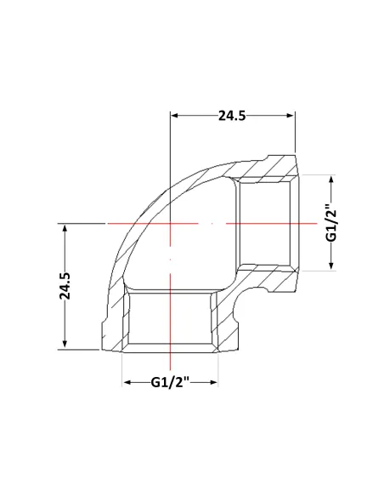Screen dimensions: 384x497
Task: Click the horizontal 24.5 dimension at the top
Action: pyautogui.click(x=232, y=116)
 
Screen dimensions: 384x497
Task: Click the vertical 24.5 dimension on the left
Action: pyautogui.click(x=65, y=286)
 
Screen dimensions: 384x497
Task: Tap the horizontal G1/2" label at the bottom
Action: pyautogui.click(x=170, y=382)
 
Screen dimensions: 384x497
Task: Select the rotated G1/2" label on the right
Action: pyautogui.click(x=332, y=224)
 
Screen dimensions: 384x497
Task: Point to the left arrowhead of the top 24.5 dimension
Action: pyautogui.click(x=175, y=116)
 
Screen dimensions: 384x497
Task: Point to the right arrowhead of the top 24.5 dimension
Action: pyautogui.click(x=291, y=116)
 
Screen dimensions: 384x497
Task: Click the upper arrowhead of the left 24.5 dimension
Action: pyautogui.click(x=65, y=228)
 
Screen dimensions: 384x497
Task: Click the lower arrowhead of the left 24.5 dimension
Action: pyautogui.click(x=65, y=345)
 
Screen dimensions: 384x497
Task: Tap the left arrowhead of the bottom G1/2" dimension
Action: pyautogui.click(x=127, y=383)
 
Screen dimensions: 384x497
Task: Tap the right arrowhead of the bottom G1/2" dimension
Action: pyautogui.click(x=213, y=383)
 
